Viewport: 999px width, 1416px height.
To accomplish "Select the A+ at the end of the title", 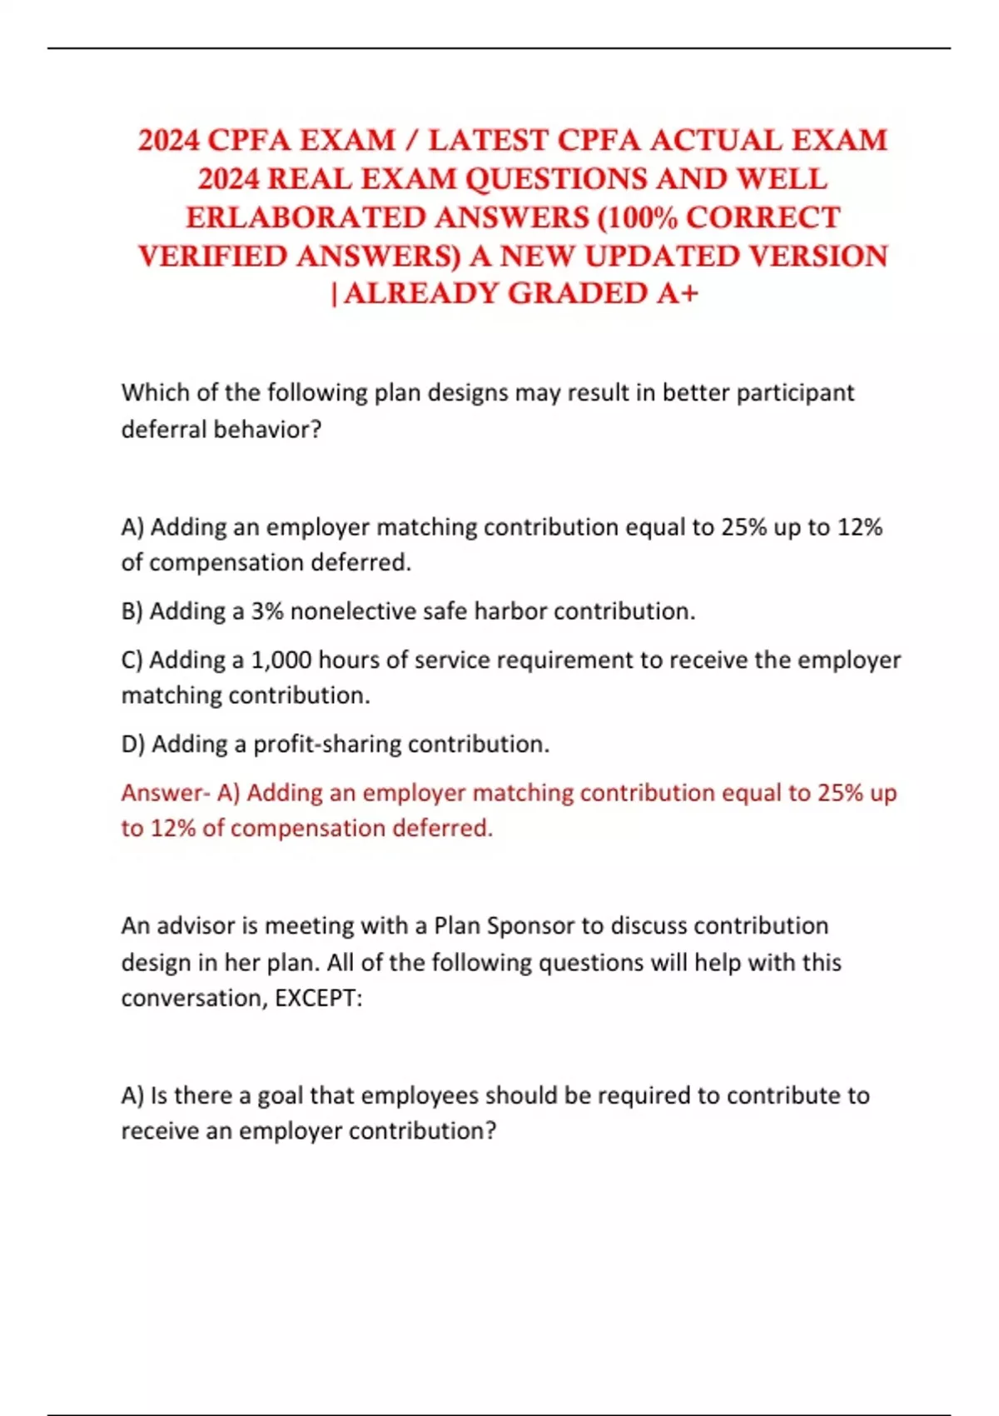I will [x=677, y=293].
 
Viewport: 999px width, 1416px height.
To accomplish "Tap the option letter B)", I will [x=132, y=611].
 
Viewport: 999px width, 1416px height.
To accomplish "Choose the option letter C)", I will [x=132, y=660].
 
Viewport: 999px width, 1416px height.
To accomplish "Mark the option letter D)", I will [x=133, y=744].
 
